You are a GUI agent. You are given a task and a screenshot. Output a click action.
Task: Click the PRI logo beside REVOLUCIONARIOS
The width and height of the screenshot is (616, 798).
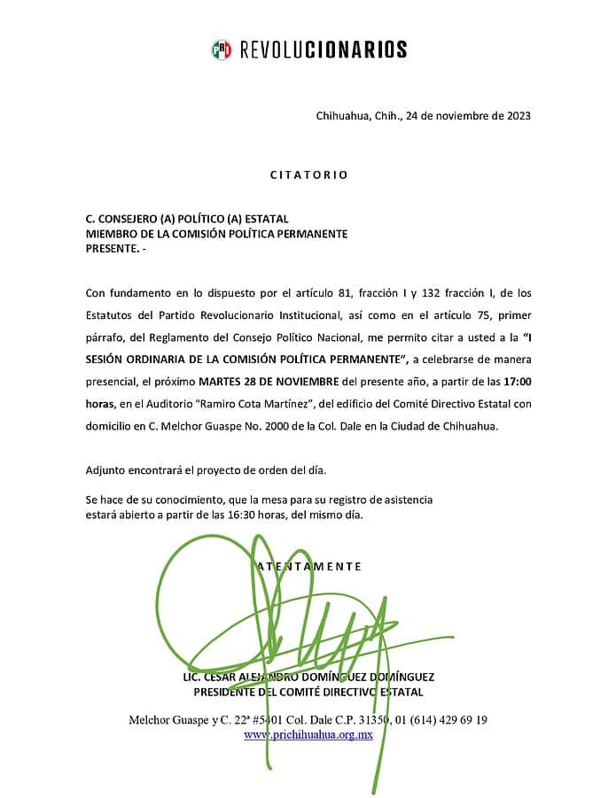tap(221, 50)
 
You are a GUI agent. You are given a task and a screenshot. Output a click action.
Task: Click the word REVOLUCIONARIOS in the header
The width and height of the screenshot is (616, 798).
tap(324, 50)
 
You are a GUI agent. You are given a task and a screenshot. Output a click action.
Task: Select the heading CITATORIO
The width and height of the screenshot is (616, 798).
tap(308, 175)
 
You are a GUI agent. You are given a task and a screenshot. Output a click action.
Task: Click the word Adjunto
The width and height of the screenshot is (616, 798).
tap(107, 469)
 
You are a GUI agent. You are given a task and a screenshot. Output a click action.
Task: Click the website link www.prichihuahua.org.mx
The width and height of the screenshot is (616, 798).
tap(308, 734)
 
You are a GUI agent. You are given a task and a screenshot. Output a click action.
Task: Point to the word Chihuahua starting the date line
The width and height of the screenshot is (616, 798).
tap(343, 115)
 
